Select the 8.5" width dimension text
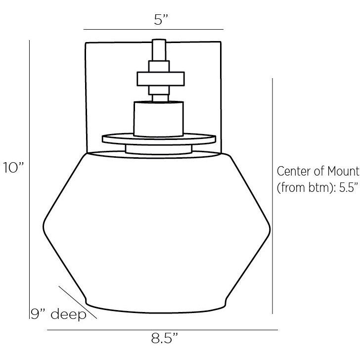click(x=164, y=340)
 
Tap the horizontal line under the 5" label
click(x=153, y=29)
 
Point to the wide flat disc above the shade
click(x=159, y=138)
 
